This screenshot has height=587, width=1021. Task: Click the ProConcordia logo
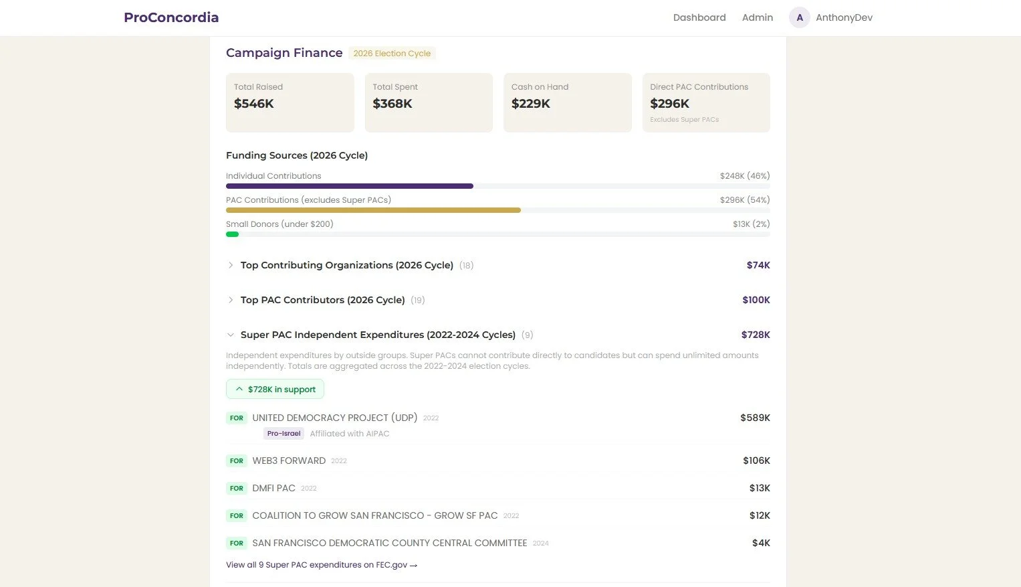(171, 17)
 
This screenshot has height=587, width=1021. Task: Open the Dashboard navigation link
(699, 17)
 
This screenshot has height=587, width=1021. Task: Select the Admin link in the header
(758, 17)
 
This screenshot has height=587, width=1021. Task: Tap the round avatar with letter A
(800, 17)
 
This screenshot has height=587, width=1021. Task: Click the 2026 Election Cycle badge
(392, 54)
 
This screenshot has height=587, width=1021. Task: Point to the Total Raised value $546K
(254, 104)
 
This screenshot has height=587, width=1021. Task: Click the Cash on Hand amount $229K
(531, 104)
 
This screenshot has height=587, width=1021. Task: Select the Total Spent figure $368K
(392, 104)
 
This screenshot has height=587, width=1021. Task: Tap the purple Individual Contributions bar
(350, 186)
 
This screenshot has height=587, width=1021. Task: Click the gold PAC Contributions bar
(373, 210)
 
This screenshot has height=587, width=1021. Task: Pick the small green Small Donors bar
(232, 234)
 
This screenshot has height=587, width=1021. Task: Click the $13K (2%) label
(751, 224)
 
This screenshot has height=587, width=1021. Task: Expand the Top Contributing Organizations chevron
(231, 265)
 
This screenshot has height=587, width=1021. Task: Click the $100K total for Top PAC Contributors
(756, 300)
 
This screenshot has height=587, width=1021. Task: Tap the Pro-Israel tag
(283, 434)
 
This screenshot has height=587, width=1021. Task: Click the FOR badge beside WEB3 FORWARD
(237, 461)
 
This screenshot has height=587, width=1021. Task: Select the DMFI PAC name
(273, 488)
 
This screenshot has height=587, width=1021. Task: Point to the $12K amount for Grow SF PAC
(760, 515)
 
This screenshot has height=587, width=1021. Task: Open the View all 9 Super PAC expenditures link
(322, 565)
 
